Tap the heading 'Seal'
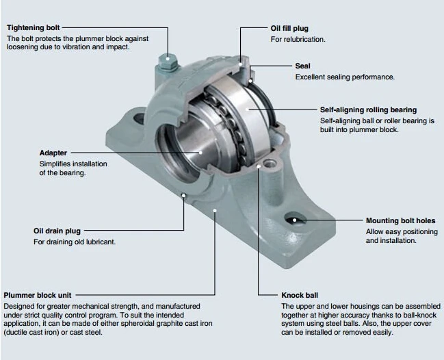click(x=303, y=66)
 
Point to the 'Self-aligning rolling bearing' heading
click(x=368, y=110)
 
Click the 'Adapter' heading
click(x=53, y=153)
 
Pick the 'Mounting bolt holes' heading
click(x=400, y=221)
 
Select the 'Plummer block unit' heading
click(x=38, y=295)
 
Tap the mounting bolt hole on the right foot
click(x=293, y=219)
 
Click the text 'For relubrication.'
click(x=298, y=40)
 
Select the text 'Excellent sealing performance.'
click(x=345, y=77)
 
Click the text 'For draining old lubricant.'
click(x=75, y=242)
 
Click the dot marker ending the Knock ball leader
click(x=257, y=166)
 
